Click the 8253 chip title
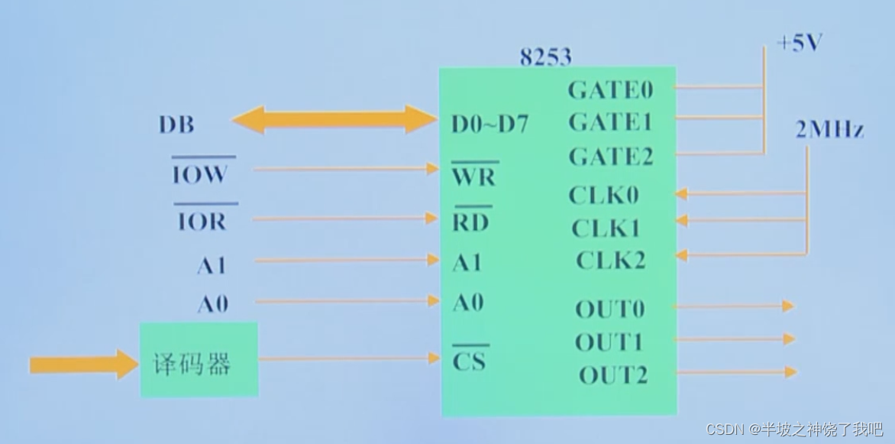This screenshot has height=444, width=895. pyautogui.click(x=545, y=57)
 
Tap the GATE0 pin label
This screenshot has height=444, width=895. pyautogui.click(x=610, y=90)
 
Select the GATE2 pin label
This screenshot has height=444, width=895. pyautogui.click(x=611, y=157)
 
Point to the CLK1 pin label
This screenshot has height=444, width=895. pyautogui.click(x=606, y=228)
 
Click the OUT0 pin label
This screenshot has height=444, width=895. pyautogui.click(x=609, y=309)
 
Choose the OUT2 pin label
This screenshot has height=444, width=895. pyautogui.click(x=612, y=375)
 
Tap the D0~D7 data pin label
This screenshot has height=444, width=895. pyautogui.click(x=490, y=124)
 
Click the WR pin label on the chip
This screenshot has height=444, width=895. pyautogui.click(x=474, y=177)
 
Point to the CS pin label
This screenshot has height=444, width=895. pyautogui.click(x=469, y=360)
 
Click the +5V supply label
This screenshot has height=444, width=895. pyautogui.click(x=799, y=44)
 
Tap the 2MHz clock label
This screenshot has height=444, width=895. pyautogui.click(x=829, y=131)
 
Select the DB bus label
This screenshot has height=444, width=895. pyautogui.click(x=176, y=125)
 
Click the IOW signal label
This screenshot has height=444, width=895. pyautogui.click(x=200, y=174)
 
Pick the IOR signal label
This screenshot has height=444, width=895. pyautogui.click(x=202, y=222)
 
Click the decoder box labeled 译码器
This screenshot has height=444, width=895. pyautogui.click(x=199, y=361)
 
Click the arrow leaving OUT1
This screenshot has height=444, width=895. pyautogui.click(x=733, y=339)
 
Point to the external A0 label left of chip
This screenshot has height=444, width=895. pyautogui.click(x=213, y=304)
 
